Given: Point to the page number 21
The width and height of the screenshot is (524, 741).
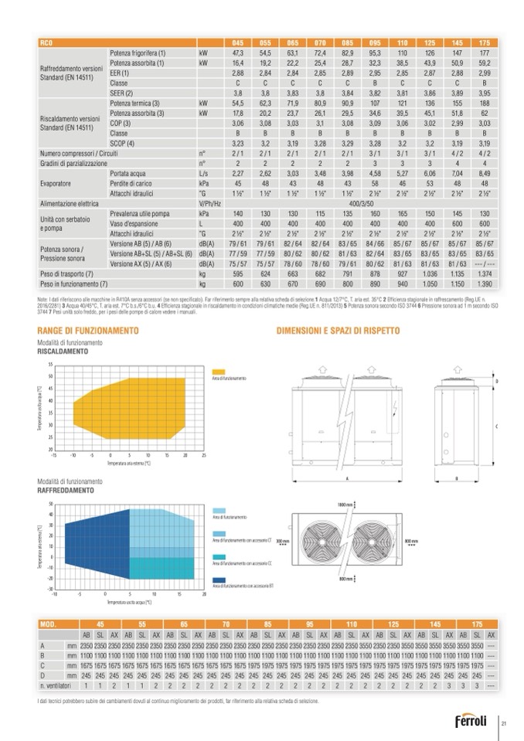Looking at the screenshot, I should pyautogui.click(x=504, y=724).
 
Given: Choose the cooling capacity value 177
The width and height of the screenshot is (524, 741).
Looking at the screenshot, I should pyautogui.click(x=485, y=52).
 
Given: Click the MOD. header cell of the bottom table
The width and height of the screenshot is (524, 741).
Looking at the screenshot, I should pyautogui.click(x=49, y=623).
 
